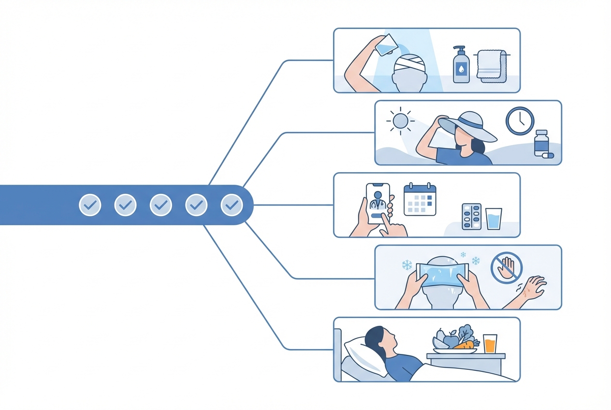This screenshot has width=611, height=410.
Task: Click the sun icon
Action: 400,121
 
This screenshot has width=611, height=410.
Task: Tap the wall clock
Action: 520,121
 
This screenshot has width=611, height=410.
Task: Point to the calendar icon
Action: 420,199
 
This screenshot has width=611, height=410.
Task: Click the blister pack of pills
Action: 471,216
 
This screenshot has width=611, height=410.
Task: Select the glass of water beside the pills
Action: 494,219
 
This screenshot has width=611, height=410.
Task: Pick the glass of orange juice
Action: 490,343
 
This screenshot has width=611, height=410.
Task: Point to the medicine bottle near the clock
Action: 541,143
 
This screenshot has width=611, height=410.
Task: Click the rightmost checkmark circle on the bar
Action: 232,205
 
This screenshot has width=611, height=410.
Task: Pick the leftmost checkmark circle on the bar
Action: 90,205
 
